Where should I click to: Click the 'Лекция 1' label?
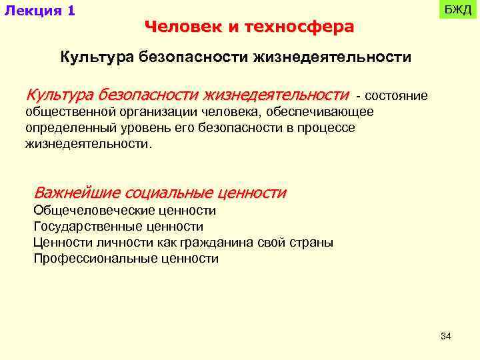click(x=39, y=11)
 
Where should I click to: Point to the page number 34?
click(x=446, y=337)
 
